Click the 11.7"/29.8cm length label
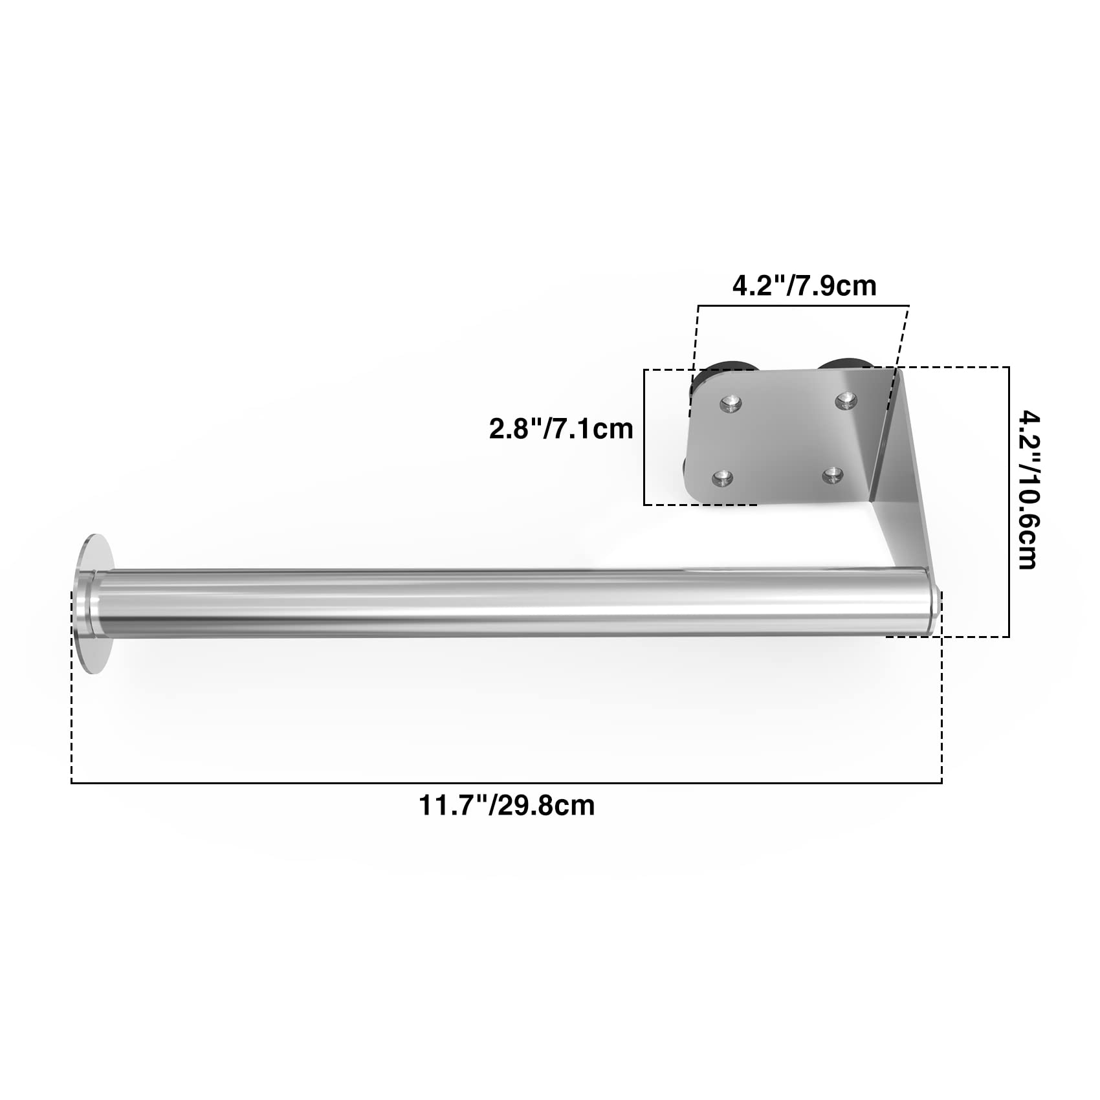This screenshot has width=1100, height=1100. click(507, 806)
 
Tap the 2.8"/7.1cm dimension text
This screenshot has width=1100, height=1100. click(560, 429)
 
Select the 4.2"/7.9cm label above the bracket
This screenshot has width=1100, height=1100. click(804, 285)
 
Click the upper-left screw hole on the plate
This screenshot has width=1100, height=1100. click(731, 404)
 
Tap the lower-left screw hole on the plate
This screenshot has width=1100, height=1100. click(721, 479)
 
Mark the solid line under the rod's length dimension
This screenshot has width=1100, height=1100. click(507, 784)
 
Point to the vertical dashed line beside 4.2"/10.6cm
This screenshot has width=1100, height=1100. click(1009, 501)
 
